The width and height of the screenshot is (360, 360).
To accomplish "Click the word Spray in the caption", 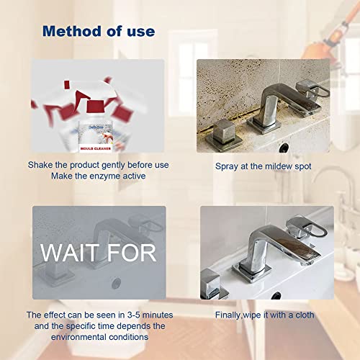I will [228, 166].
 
